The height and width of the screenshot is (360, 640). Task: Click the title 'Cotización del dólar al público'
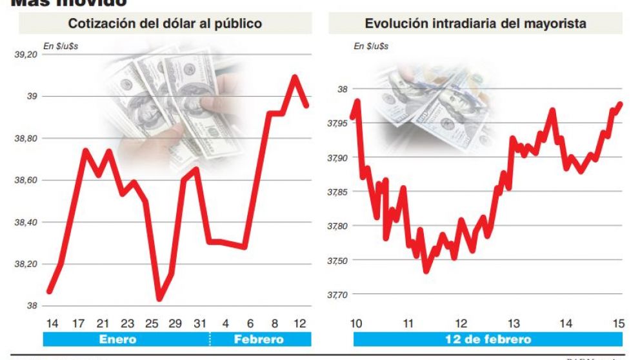point(165,24)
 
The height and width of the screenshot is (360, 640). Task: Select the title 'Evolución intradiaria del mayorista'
point(475,24)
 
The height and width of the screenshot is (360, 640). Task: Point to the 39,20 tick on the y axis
point(26,55)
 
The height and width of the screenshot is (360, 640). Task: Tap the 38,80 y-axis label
point(26,139)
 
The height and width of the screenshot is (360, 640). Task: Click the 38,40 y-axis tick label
point(26,223)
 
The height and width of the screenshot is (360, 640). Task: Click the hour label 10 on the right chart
point(356,323)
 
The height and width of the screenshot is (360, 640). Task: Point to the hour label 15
point(618,323)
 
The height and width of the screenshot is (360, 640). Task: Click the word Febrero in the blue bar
point(258,339)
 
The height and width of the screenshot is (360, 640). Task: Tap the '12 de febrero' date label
point(488,339)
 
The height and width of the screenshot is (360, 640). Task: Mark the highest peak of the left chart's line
point(295,77)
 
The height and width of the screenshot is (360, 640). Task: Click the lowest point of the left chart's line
point(159,299)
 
